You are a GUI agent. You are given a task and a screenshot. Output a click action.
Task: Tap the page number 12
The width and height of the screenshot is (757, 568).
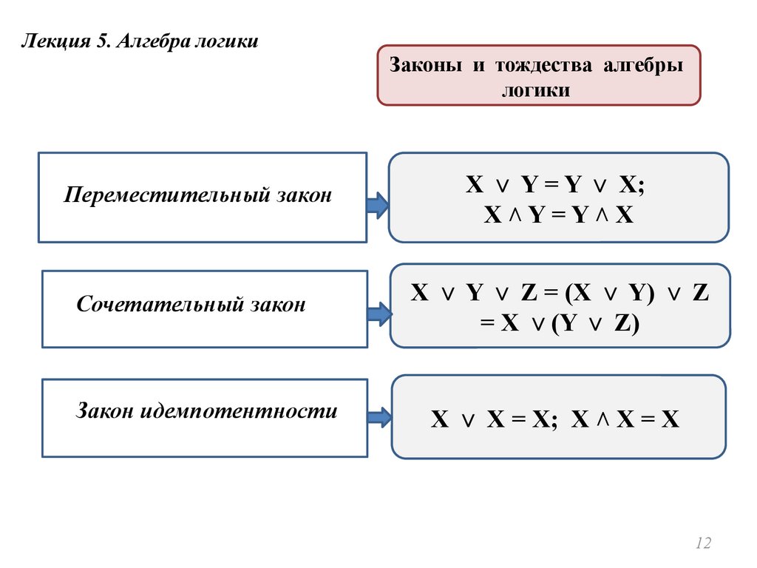pyautogui.click(x=702, y=544)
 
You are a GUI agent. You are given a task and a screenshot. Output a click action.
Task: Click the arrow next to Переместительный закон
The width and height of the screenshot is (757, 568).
pyautogui.click(x=377, y=206)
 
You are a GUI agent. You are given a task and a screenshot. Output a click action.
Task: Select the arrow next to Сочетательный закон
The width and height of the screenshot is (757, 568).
pyautogui.click(x=378, y=314)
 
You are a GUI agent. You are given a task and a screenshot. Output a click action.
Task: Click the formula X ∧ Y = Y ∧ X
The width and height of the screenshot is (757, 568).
pyautogui.click(x=559, y=215)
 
